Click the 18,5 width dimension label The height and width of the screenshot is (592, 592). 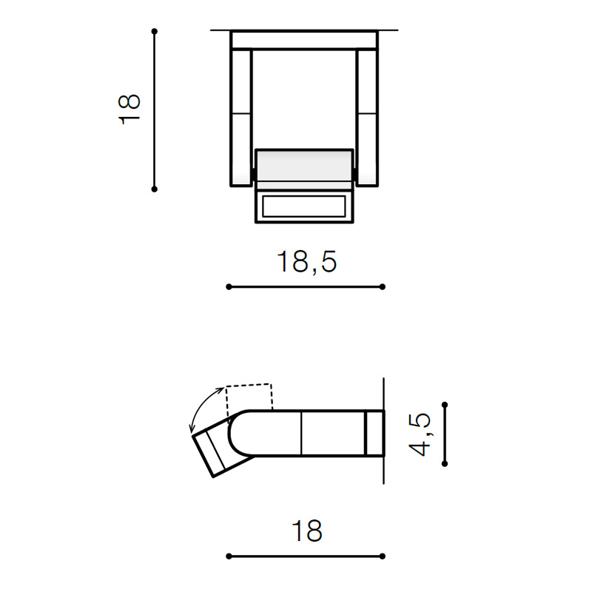306,262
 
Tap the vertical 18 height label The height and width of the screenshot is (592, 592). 129,110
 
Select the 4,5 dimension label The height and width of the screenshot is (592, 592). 420,434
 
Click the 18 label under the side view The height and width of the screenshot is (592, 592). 307,531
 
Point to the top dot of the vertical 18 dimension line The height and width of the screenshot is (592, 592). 154,31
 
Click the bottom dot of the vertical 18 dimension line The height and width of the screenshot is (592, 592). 154,189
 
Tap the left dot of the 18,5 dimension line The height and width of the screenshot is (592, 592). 229,287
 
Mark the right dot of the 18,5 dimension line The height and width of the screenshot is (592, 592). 382,287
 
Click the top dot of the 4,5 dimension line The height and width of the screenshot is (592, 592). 445,405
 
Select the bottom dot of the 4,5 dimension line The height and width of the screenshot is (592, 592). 445,463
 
